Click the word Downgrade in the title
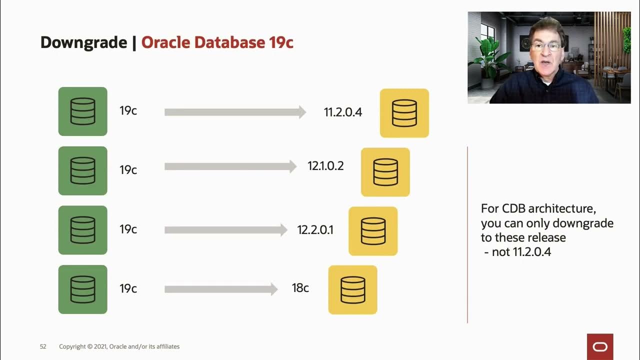[x=83, y=42]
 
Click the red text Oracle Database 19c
[x=217, y=42]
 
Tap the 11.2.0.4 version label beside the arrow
[x=342, y=112]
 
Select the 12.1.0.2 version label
[x=325, y=166]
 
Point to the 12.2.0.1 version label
[x=315, y=229]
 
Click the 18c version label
[x=300, y=288]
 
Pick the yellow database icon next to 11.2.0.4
[x=404, y=113]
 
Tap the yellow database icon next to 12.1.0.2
[x=385, y=172]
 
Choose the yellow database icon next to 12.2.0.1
[x=373, y=231]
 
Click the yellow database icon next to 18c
[x=352, y=290]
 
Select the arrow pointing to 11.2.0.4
[x=235, y=112]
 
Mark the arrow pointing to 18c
[x=220, y=289]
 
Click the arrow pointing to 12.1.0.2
[x=230, y=166]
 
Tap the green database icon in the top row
[x=82, y=111]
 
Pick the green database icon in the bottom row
[x=82, y=289]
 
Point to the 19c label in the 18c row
[x=128, y=288]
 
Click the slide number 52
[x=43, y=346]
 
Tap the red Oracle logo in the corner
[x=599, y=346]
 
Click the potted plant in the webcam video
[x=489, y=60]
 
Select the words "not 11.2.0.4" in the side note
[x=521, y=252]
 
